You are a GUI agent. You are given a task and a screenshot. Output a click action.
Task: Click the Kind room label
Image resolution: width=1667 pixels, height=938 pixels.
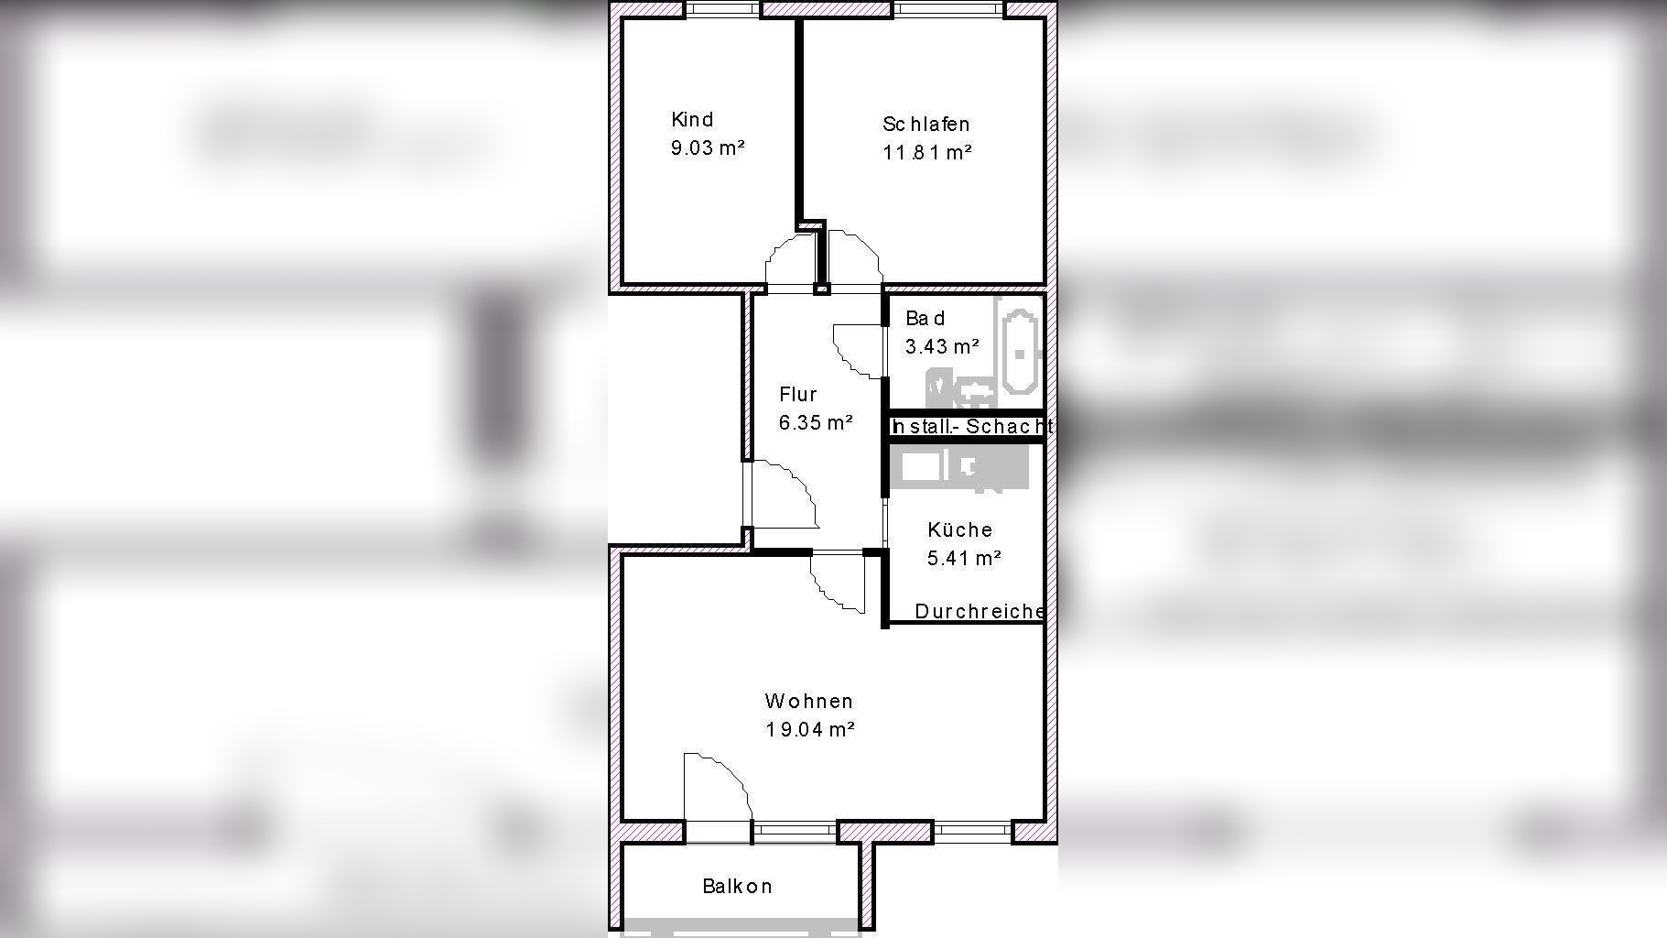point(692,119)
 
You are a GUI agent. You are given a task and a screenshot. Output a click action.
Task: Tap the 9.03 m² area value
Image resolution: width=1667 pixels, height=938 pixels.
point(708,147)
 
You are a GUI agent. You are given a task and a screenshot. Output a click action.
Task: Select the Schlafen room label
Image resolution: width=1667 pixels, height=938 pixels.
point(926,124)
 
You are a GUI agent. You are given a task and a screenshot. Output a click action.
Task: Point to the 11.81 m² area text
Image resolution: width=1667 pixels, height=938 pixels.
point(926,152)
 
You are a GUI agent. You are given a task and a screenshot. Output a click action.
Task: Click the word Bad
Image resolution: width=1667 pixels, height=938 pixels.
point(925,318)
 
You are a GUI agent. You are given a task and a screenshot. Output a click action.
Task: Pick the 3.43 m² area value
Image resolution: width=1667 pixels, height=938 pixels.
point(942,346)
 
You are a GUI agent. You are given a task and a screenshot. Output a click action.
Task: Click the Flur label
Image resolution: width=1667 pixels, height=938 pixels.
point(797,394)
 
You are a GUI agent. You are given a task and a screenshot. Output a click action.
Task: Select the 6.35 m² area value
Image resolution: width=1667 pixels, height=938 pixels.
point(816,422)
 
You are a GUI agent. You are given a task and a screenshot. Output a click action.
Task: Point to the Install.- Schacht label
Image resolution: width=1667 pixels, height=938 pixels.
point(971,426)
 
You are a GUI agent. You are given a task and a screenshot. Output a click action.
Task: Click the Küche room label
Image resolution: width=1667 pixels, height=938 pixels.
point(959,529)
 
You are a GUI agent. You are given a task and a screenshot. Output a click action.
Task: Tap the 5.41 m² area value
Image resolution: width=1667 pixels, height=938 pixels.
point(964,558)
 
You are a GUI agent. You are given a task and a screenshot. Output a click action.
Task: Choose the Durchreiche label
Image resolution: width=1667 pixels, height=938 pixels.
point(980,611)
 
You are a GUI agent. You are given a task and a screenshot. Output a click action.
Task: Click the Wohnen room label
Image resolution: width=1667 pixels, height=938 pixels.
point(809,701)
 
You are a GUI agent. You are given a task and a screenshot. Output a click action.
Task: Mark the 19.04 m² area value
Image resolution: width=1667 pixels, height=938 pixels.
point(810,729)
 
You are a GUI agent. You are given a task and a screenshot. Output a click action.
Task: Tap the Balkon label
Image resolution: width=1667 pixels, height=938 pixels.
point(737,886)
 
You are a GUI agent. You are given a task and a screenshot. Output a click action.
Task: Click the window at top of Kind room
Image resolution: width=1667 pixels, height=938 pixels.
point(722,9)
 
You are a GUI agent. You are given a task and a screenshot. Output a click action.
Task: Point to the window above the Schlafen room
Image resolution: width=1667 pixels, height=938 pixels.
point(948,9)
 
